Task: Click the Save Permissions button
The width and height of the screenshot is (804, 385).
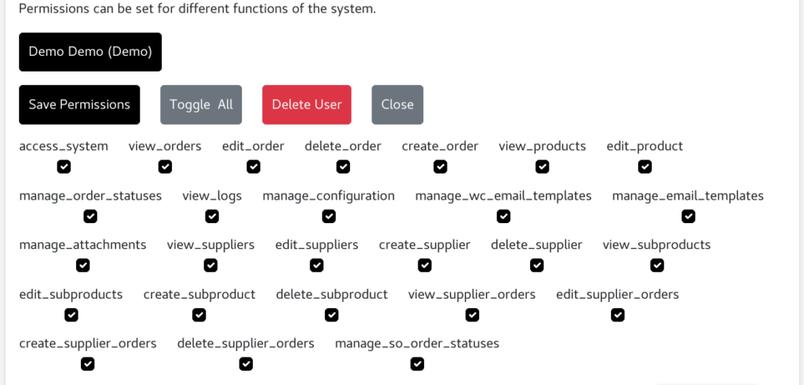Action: click(79, 104)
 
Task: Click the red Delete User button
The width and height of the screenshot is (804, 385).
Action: click(306, 104)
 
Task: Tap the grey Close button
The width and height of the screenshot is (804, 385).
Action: click(397, 104)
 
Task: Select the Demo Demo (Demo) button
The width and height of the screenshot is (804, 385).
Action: click(90, 52)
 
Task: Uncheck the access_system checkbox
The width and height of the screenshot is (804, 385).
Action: click(64, 167)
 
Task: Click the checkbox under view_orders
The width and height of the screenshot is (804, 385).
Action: click(165, 167)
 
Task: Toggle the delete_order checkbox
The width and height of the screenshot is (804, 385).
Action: click(343, 167)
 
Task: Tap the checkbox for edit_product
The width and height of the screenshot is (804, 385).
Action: click(645, 167)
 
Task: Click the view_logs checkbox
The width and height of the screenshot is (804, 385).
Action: click(212, 216)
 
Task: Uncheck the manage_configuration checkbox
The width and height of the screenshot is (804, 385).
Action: click(329, 216)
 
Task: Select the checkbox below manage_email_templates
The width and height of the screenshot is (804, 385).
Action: click(688, 216)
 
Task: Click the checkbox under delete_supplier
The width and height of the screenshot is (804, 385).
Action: click(537, 266)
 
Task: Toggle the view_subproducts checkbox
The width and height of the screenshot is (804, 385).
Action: click(657, 266)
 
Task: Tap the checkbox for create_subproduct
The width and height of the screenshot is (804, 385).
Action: click(199, 315)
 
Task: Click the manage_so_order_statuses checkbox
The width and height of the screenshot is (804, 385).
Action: click(417, 364)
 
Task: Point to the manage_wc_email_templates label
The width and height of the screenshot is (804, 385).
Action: click(503, 196)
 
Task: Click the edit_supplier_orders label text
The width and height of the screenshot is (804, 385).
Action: click(617, 295)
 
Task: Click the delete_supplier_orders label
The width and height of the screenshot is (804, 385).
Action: click(246, 343)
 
